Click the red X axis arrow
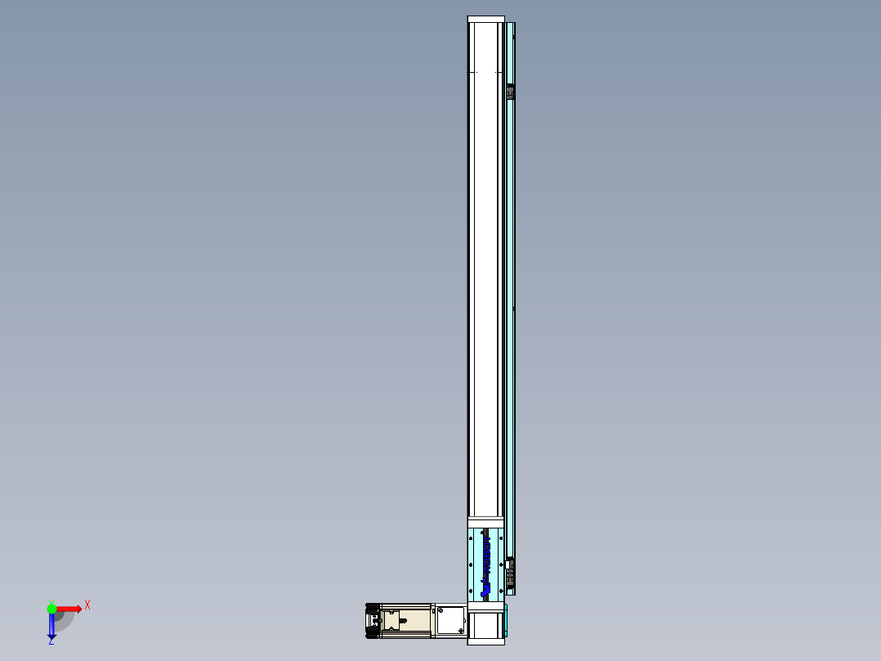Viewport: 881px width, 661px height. (x=69, y=609)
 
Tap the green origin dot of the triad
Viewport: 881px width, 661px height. (x=51, y=609)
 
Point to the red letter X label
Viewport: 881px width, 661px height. (x=87, y=605)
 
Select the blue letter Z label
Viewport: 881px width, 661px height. (x=51, y=642)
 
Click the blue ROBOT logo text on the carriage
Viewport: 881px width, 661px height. (x=486, y=564)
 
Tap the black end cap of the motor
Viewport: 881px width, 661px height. (x=373, y=621)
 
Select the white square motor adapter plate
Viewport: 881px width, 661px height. (x=449, y=621)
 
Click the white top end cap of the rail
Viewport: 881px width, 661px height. (x=485, y=20)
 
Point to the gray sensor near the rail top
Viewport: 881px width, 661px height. (x=511, y=92)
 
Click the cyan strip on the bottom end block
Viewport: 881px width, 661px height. (x=506, y=620)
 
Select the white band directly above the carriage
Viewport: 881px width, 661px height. (x=485, y=523)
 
